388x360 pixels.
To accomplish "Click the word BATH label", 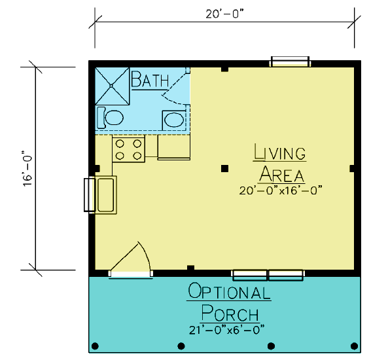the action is (x=150, y=79).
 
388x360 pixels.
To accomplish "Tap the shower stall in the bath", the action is (x=112, y=86).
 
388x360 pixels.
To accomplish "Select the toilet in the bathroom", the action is (x=110, y=118).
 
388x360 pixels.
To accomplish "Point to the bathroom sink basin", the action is (x=174, y=120).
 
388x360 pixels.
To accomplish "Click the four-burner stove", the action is (x=128, y=150).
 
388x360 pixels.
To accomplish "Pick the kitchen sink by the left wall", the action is (x=105, y=195).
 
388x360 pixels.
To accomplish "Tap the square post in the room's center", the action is (x=224, y=169).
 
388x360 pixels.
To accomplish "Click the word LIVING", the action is (x=279, y=153).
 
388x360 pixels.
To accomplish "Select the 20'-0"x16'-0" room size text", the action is (x=281, y=190).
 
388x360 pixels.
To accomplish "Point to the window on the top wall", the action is (x=290, y=62).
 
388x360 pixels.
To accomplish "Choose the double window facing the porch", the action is (x=268, y=275).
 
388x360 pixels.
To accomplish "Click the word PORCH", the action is (x=230, y=313).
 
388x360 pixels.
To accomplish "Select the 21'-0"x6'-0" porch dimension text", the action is (x=226, y=331).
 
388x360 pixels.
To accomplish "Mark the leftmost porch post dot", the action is (x=95, y=346).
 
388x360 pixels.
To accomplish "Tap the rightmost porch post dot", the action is (x=355, y=346).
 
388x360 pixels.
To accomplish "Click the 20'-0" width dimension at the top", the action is (x=224, y=14).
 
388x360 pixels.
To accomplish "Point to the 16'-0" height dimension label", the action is (x=27, y=168).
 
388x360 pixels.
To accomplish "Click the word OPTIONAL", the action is (x=229, y=291).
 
